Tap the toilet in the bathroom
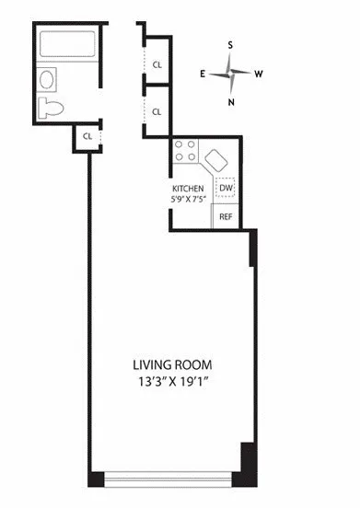pos(52,107)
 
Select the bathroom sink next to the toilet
pos(48,80)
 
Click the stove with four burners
pos(183,150)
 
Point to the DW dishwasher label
pos(226,189)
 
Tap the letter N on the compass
pos(230,102)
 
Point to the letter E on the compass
pos(203,73)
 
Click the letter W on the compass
pos(260,73)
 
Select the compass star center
pos(231,73)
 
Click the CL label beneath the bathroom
pos(87,136)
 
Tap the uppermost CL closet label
pos(157,64)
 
